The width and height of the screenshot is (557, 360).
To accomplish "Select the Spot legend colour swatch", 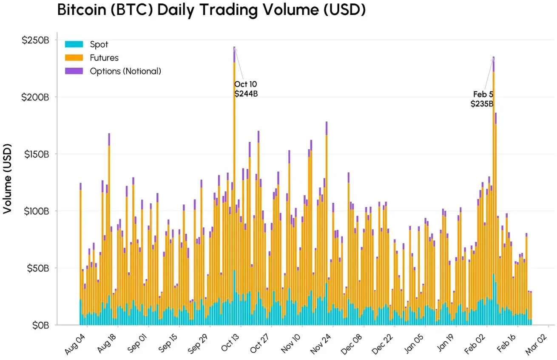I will [74, 44].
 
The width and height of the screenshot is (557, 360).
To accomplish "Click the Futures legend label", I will [104, 58].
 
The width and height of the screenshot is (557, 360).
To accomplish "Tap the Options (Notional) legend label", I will [125, 71].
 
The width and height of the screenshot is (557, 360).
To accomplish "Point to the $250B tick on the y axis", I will [36, 40].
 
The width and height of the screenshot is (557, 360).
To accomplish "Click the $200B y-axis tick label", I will [36, 97].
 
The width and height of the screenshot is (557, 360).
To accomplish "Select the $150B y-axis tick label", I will [36, 154].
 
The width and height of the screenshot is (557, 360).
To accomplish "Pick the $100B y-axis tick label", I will [36, 211].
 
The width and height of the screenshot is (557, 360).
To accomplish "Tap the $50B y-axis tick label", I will [37, 268].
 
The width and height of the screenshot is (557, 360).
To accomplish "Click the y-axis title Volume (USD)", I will [8, 179].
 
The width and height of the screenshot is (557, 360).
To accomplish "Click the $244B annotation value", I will [246, 94].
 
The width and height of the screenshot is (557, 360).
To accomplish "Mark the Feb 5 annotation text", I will [483, 94].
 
